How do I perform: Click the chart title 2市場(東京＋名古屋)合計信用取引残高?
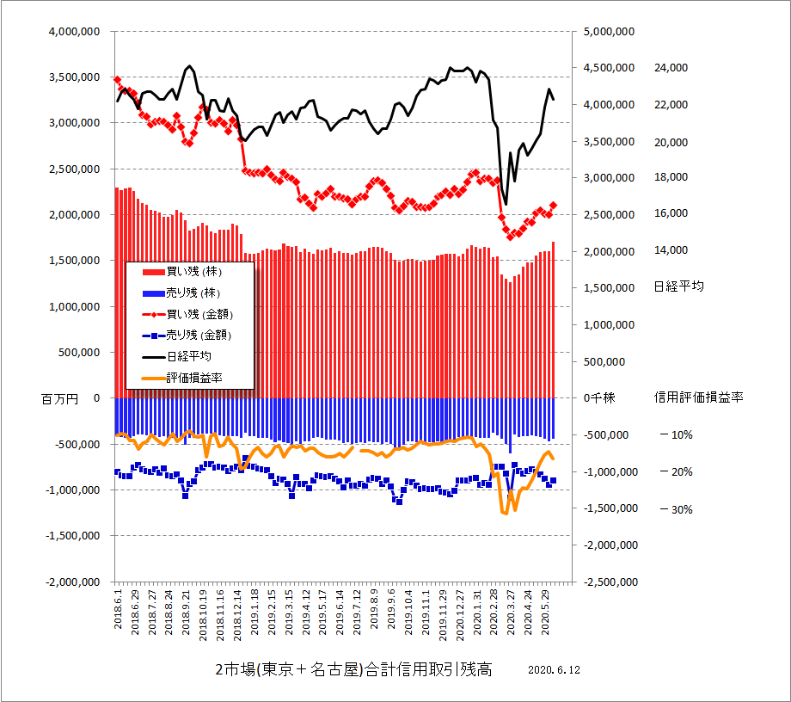(353, 670)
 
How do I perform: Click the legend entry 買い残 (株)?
(192, 272)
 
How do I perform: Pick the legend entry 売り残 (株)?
(192, 293)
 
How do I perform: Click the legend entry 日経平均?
(188, 356)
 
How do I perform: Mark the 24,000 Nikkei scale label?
(671, 68)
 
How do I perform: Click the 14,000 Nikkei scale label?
(671, 250)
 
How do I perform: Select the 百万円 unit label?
(59, 398)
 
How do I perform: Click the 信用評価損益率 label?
(699, 397)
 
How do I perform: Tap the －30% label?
(676, 509)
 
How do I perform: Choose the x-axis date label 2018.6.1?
(119, 608)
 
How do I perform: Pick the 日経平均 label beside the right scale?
(678, 286)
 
